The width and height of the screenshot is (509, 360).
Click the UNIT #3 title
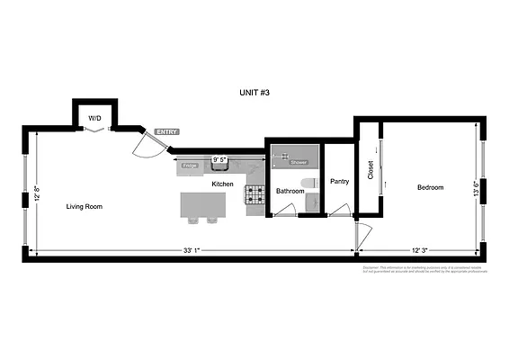coord(254,93)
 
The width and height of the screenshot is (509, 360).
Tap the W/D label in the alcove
coord(94,118)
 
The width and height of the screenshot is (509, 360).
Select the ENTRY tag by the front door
coord(166,132)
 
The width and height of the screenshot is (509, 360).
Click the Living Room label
coord(85,206)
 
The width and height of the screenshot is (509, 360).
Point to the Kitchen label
coord(222,184)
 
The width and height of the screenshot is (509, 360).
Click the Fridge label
coord(190,166)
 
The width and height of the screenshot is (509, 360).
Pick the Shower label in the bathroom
coord(299,163)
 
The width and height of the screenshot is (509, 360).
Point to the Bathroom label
coord(290,191)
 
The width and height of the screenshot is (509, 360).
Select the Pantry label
coord(339,181)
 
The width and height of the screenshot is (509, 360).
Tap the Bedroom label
coord(430,187)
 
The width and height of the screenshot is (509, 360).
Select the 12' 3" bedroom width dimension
coord(423,250)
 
